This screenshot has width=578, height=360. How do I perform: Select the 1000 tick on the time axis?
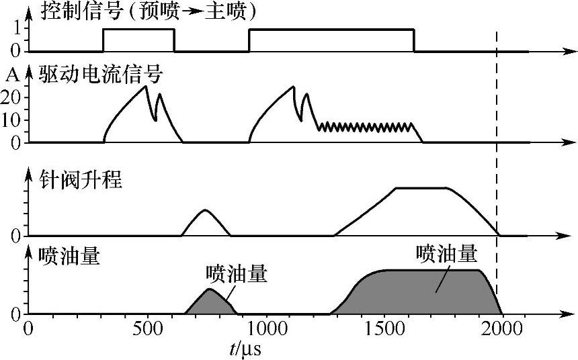tap(265, 330)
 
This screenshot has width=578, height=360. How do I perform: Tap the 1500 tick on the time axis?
tap(384, 330)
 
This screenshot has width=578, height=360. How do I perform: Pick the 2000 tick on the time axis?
tap(501, 330)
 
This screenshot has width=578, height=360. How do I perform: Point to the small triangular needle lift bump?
tap(205, 224)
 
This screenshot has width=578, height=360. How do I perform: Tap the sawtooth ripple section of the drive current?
tap(366, 126)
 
